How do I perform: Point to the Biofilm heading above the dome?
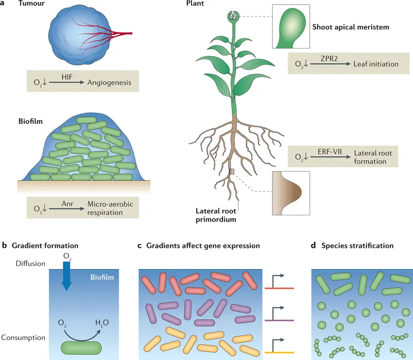click(29, 122)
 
